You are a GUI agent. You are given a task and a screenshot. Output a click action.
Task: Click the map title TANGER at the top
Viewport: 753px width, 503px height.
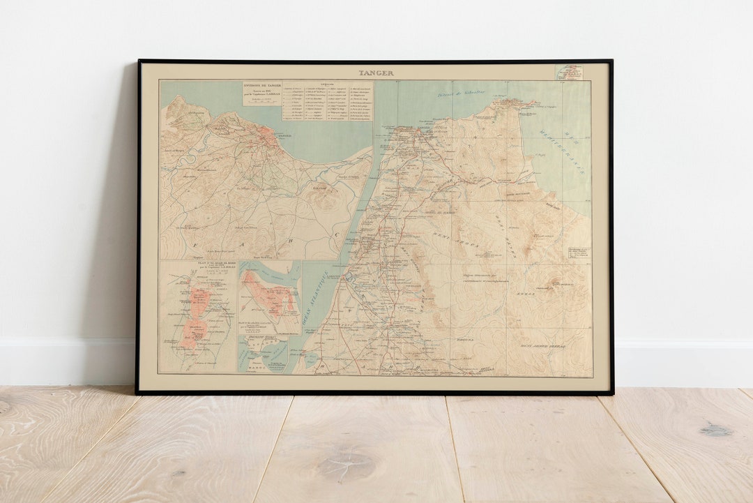tap(376, 73)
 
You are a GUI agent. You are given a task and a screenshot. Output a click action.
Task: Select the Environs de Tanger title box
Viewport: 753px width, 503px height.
tap(261, 93)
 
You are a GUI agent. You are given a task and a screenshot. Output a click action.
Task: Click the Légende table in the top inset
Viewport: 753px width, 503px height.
tap(327, 102)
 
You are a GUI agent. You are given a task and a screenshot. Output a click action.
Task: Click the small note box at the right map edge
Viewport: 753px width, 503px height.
tap(578, 253)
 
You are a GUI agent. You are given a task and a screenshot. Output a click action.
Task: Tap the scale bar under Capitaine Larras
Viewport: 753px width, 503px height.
tap(261, 103)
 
